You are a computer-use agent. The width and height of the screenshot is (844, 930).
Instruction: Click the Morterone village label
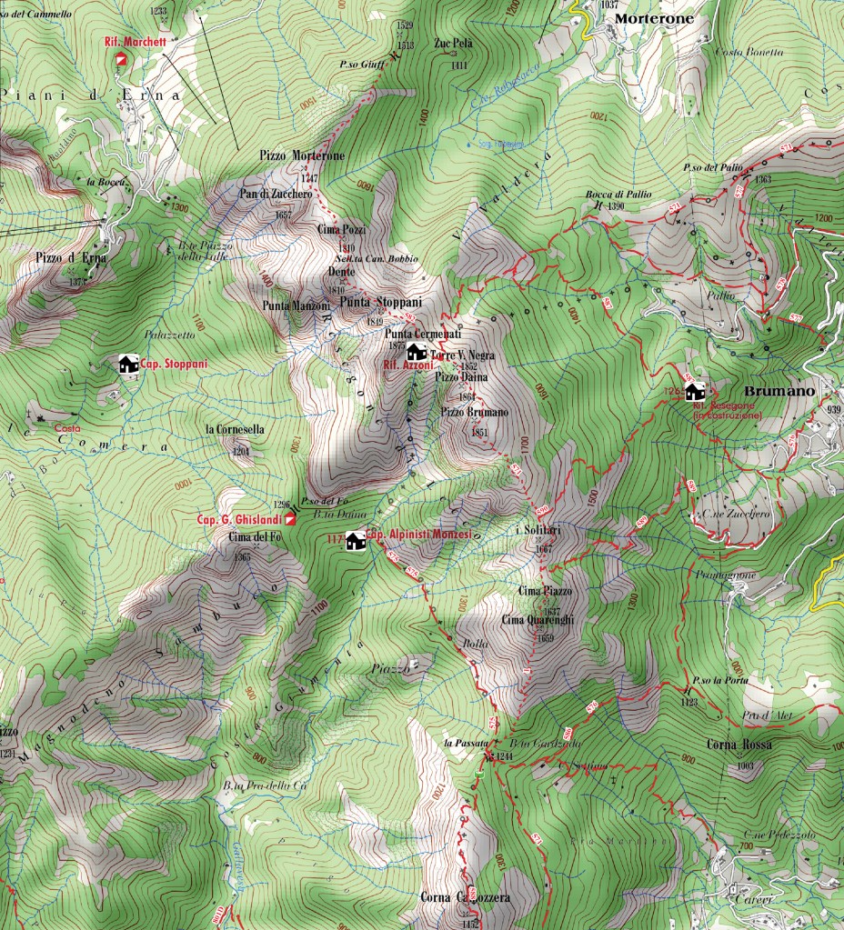[x=653, y=18]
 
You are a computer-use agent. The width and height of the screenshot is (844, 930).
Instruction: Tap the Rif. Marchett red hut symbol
[x=121, y=58]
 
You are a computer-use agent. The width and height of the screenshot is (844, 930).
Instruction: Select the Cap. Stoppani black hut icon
[x=128, y=365]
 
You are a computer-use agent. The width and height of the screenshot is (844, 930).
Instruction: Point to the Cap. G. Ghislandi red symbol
[x=289, y=519]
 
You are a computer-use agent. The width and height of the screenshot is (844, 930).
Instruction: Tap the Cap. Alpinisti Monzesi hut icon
[x=355, y=540]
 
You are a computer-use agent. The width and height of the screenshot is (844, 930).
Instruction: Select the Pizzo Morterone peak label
[x=302, y=156]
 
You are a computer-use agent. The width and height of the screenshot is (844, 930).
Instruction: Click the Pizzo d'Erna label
[x=71, y=258]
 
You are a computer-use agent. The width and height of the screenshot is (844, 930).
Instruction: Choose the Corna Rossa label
[x=738, y=745]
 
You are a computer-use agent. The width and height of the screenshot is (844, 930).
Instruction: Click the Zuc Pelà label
[x=453, y=43]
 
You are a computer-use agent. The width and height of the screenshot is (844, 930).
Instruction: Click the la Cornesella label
[x=235, y=429]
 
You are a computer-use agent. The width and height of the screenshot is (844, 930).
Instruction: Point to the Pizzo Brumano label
[x=475, y=413]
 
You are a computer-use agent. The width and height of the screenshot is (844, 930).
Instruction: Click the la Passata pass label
[x=461, y=743]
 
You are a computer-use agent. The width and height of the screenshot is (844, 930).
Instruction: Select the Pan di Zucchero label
[x=276, y=194]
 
